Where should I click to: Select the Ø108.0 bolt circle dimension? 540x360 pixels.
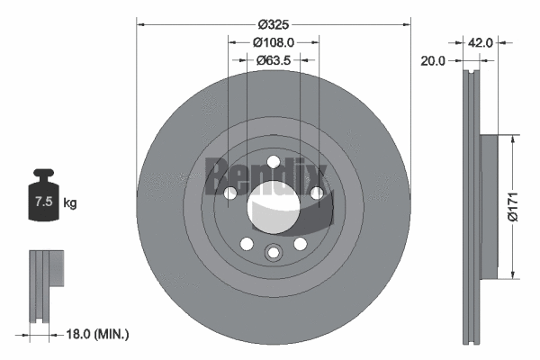(x=274, y=41)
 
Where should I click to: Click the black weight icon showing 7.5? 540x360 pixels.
(x=43, y=193)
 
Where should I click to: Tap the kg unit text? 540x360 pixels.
(x=70, y=202)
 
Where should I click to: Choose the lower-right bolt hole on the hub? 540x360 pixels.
(x=300, y=244)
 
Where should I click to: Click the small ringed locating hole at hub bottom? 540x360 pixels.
(x=273, y=254)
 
